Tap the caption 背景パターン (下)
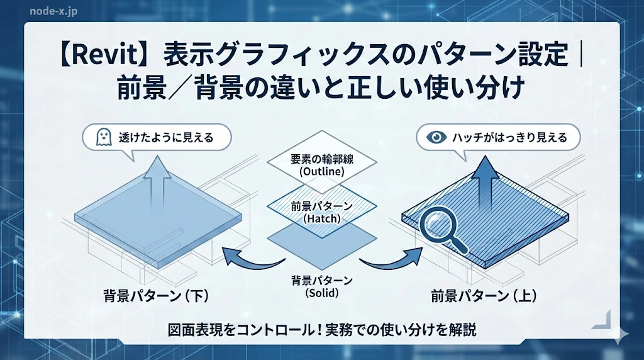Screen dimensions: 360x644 click(x=156, y=295)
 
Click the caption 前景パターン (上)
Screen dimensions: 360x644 click(x=483, y=295)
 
